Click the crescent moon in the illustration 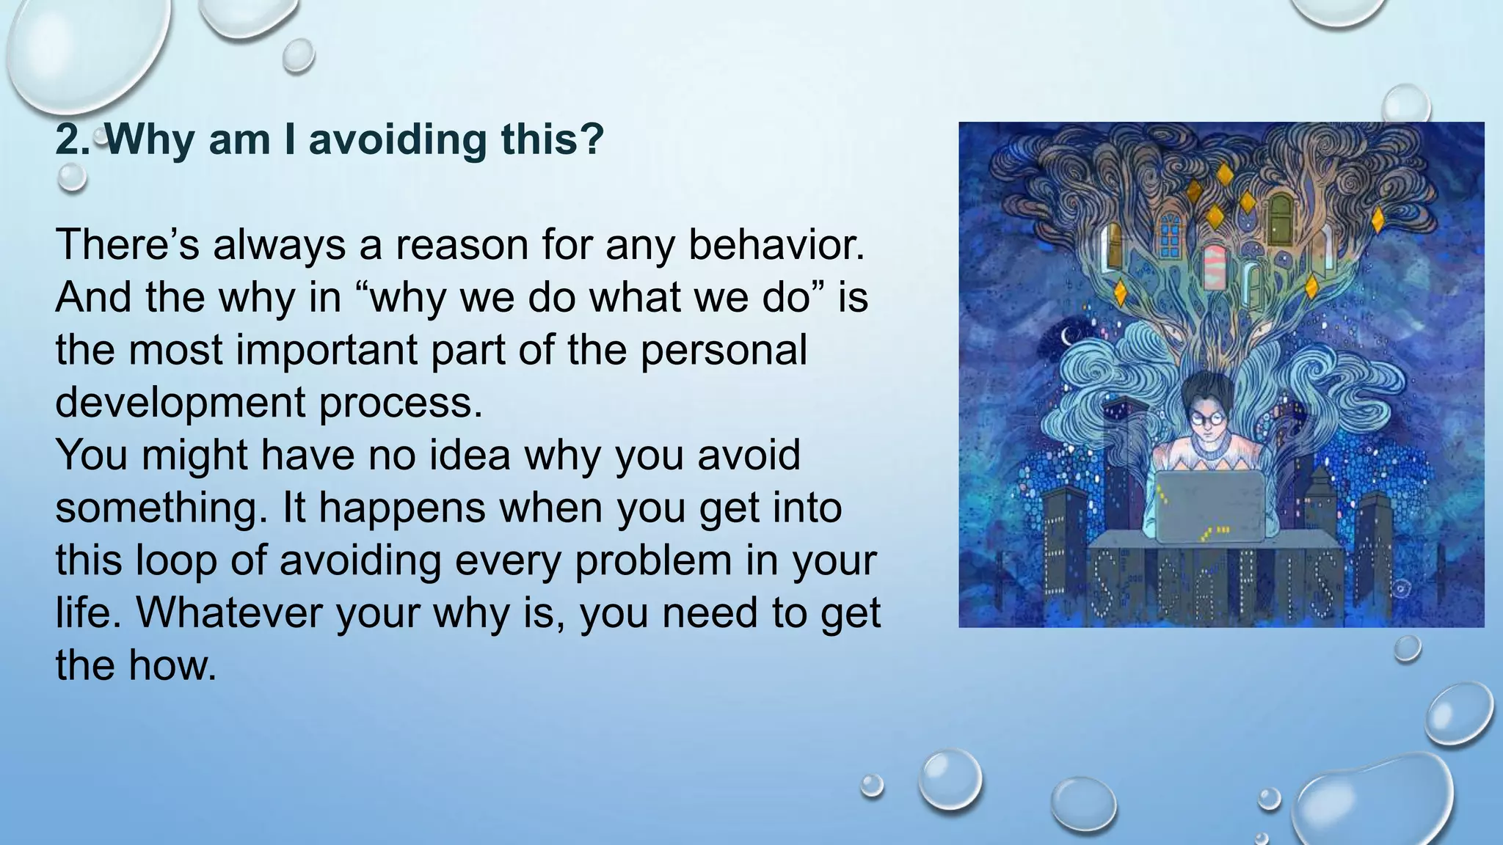[1066, 336]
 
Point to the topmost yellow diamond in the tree [1224, 175]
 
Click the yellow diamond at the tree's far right [1378, 219]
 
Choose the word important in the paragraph [327, 350]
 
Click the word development [181, 403]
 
